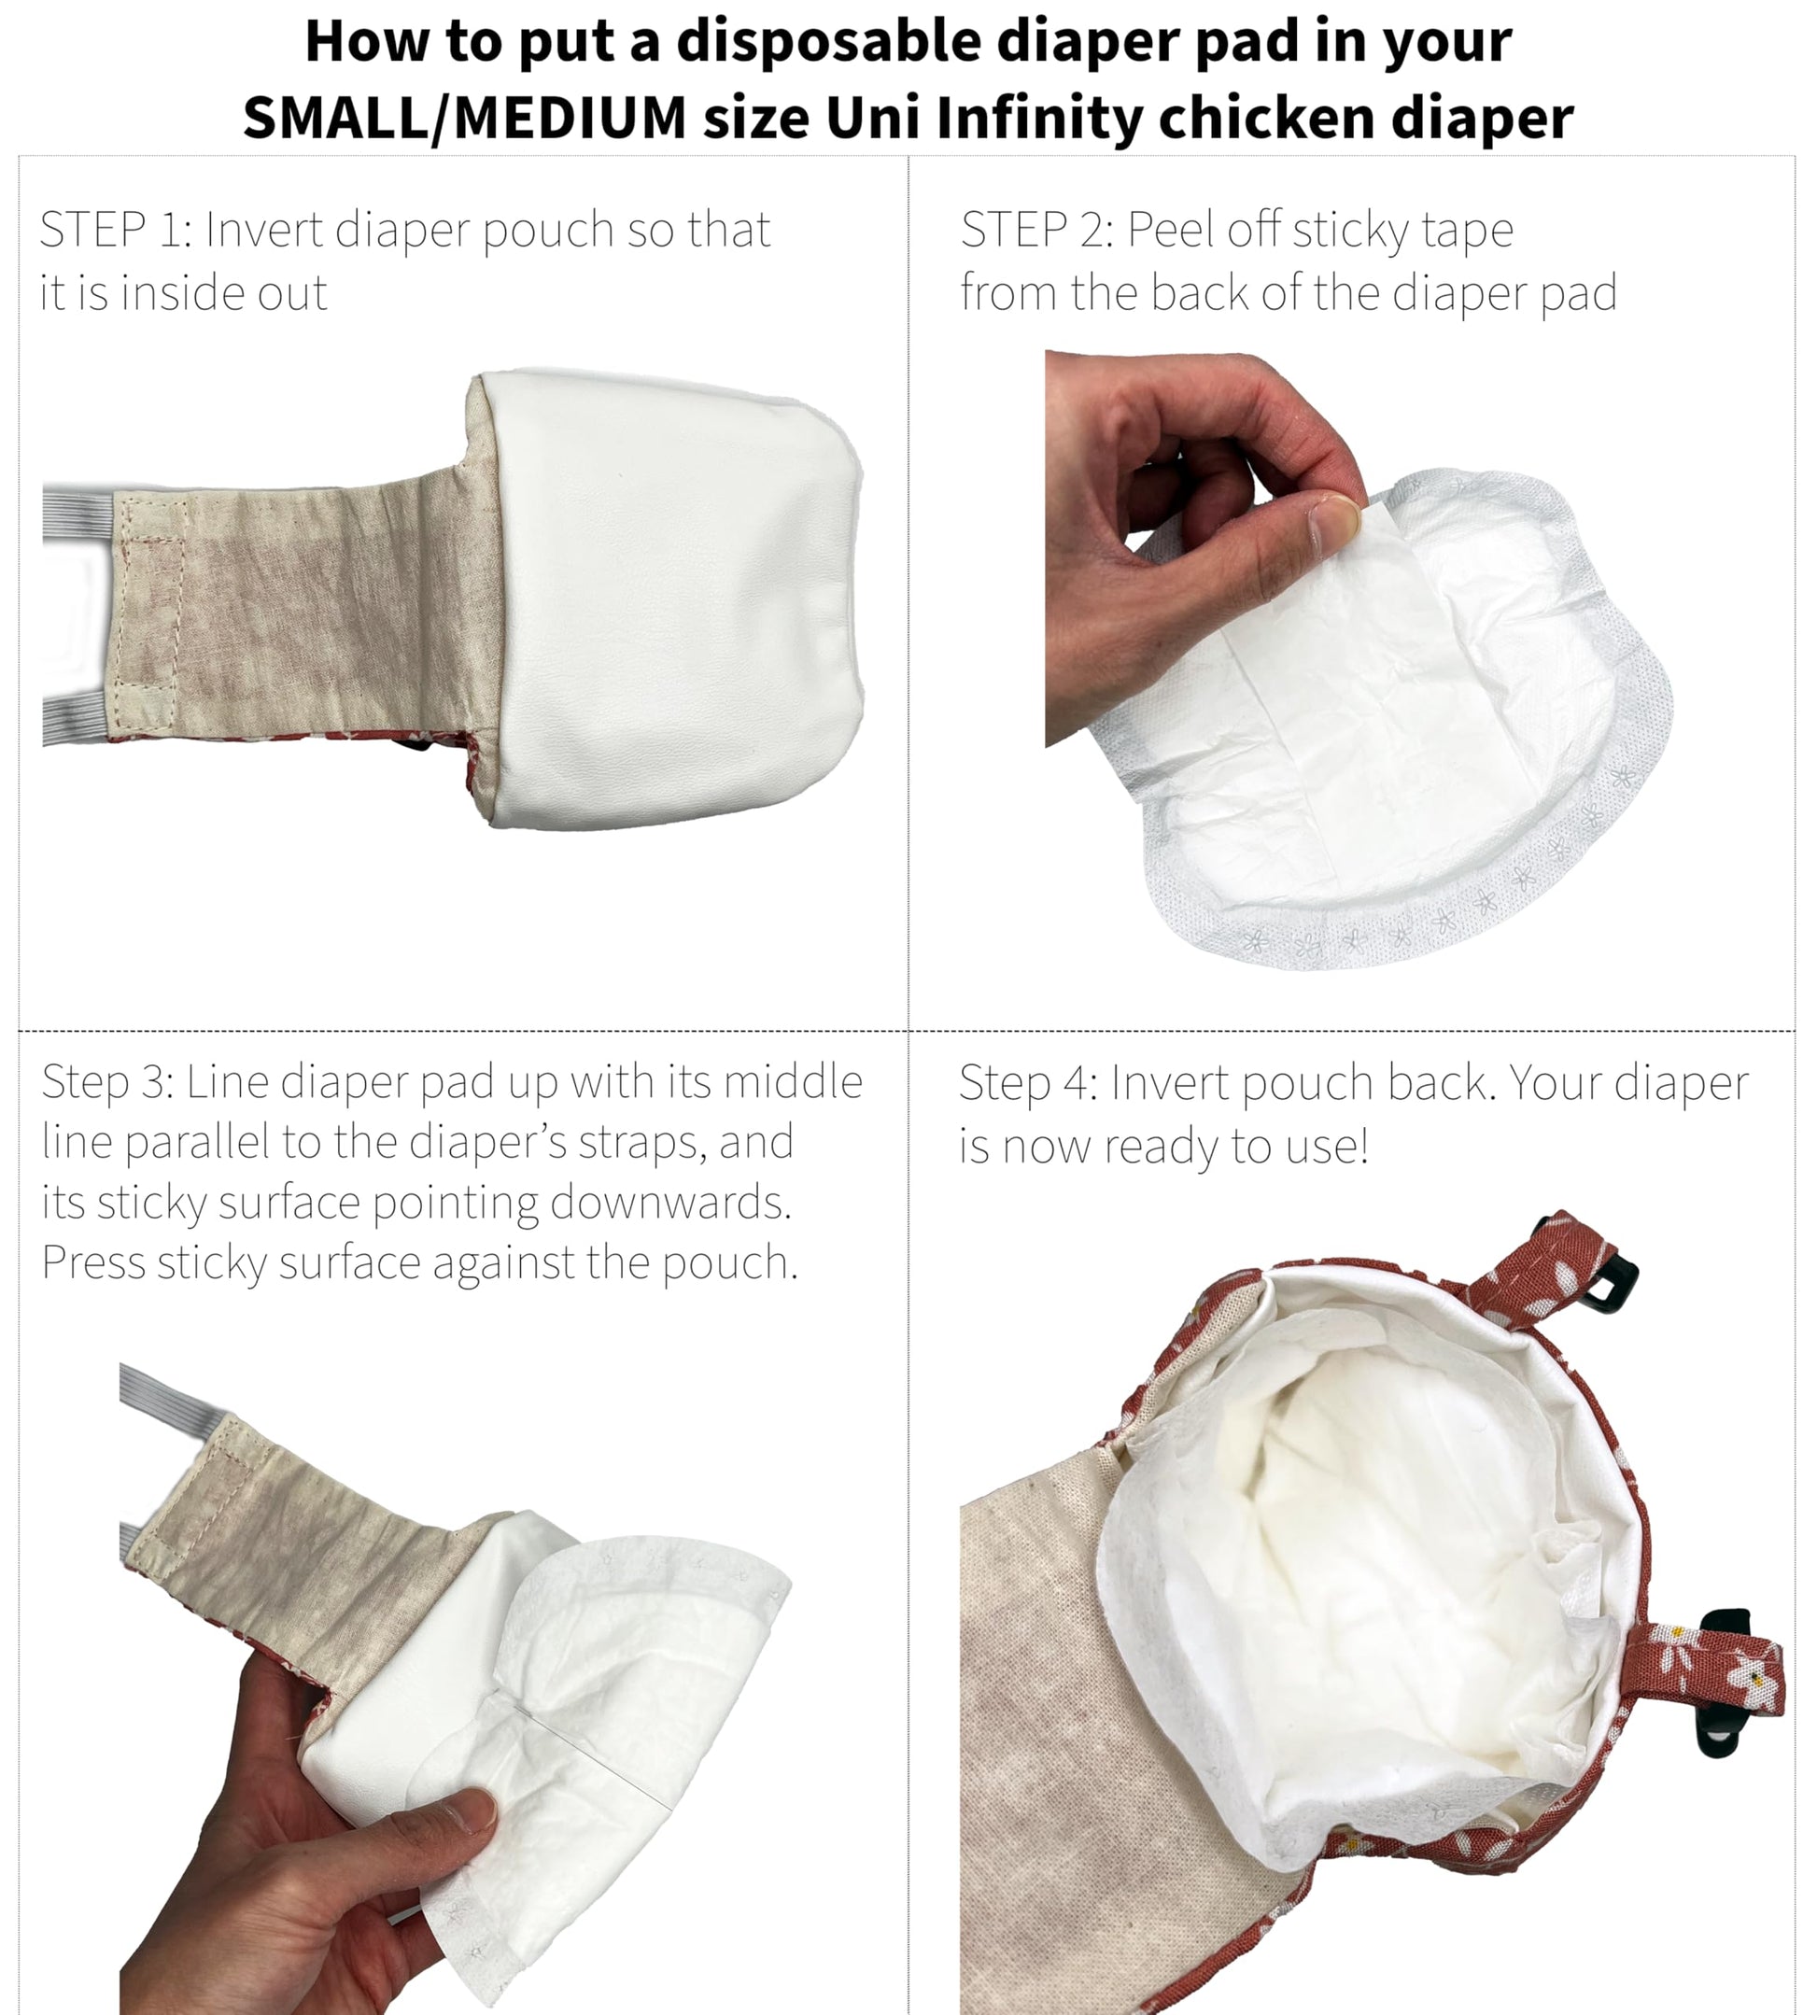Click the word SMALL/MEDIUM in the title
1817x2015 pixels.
coord(465,118)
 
